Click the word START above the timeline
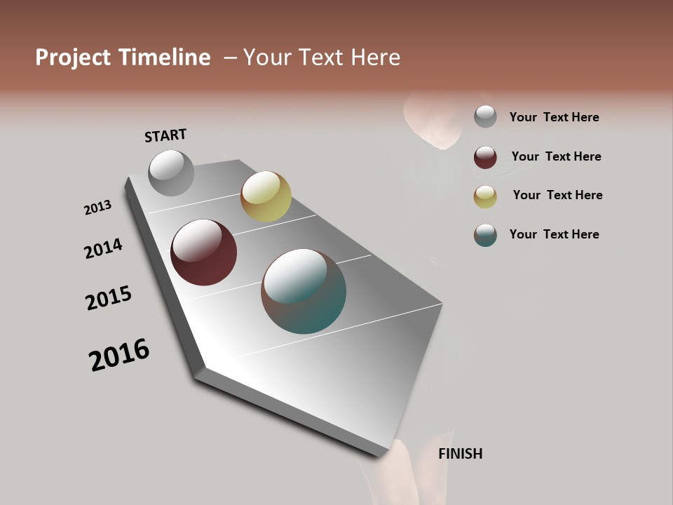(165, 135)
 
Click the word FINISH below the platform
(461, 454)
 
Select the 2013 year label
(98, 208)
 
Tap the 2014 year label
(104, 248)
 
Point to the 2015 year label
(109, 298)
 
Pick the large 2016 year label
(119, 355)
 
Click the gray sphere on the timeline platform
(171, 173)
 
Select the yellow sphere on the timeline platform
(266, 196)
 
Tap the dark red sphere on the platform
(204, 252)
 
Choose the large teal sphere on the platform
(304, 291)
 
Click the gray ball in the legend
(485, 117)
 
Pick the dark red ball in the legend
(485, 157)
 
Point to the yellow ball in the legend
(485, 196)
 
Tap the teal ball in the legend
(485, 235)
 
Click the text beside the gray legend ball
(554, 117)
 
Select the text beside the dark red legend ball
(556, 156)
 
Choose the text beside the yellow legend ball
(557, 195)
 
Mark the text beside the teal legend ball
(554, 234)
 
